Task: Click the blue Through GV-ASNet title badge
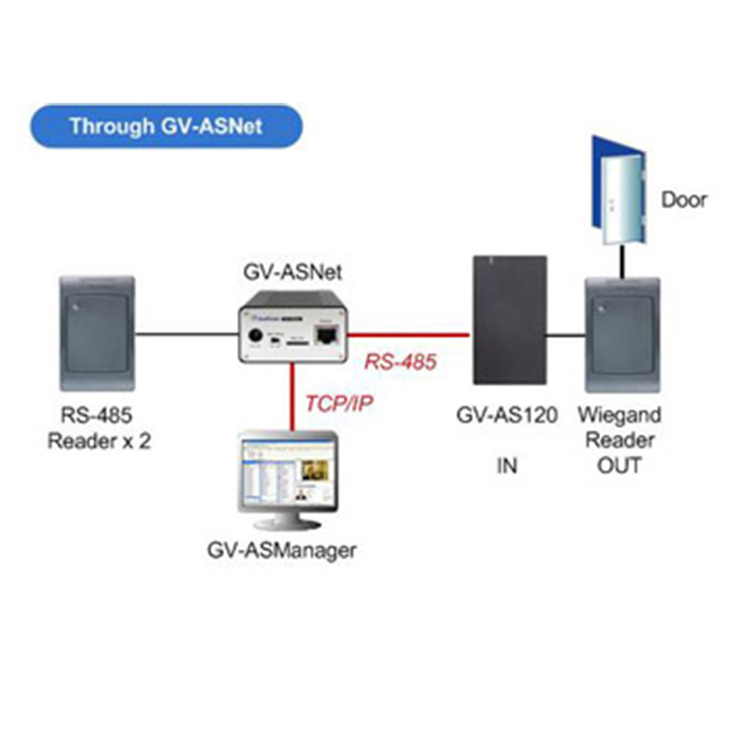pos(165,126)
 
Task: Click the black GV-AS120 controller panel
pos(510,320)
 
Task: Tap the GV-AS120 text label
pos(507,415)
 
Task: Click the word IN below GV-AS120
pos(507,466)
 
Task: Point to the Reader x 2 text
pos(99,441)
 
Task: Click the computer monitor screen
pos(286,472)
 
